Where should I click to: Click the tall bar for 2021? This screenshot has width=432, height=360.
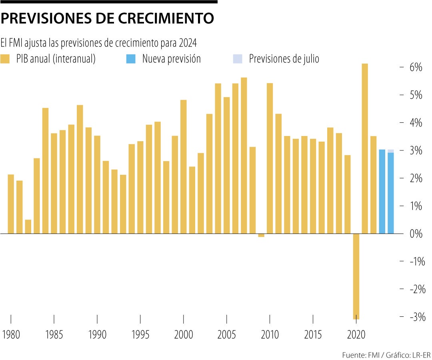[365, 148]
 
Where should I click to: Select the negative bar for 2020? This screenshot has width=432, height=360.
[356, 276]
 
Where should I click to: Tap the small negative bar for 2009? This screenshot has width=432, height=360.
[261, 235]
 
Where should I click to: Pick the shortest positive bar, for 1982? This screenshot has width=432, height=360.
[28, 226]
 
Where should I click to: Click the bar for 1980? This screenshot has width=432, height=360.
[11, 204]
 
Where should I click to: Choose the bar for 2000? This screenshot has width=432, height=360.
[184, 166]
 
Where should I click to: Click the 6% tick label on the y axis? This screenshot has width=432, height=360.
[416, 67]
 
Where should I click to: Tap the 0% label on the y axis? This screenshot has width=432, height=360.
[416, 234]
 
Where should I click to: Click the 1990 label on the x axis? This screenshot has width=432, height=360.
[97, 335]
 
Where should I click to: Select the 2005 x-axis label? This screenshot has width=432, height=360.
[226, 335]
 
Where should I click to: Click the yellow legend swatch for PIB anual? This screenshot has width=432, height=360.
[5, 59]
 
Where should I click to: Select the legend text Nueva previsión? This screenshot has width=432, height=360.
[171, 59]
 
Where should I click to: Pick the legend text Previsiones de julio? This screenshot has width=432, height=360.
[284, 59]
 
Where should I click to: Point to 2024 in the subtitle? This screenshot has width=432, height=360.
[188, 42]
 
